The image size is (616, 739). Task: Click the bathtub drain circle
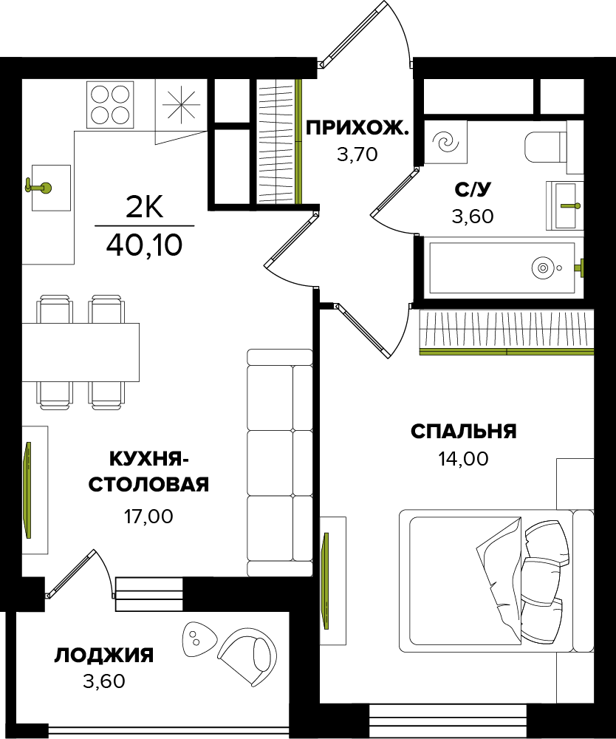click(x=543, y=267)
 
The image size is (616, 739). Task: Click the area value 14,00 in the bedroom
click(x=463, y=459)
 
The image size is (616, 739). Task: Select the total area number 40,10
click(x=144, y=245)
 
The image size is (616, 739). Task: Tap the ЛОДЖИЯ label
click(x=104, y=655)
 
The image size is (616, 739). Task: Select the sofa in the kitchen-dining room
click(x=279, y=462)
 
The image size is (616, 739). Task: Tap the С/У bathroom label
click(x=473, y=189)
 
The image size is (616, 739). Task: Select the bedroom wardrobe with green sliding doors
click(x=506, y=332)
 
